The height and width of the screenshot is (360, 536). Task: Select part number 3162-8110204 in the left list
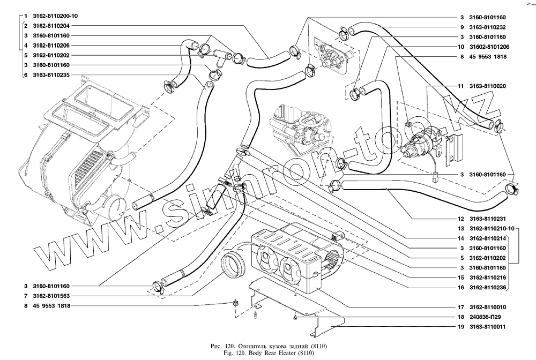pyautogui.click(x=50, y=26)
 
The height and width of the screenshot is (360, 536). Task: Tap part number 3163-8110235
pyautogui.click(x=50, y=74)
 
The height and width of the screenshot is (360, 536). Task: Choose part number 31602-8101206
pyautogui.click(x=487, y=47)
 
